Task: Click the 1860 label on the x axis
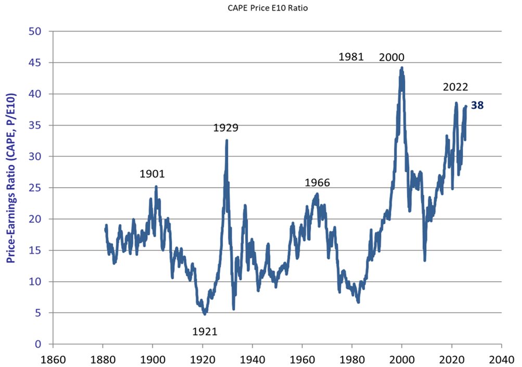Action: click(53, 358)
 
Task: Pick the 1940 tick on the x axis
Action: click(252, 358)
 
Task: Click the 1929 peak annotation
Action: click(226, 127)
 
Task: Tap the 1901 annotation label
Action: click(152, 174)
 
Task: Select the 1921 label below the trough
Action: click(205, 332)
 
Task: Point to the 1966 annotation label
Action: click(317, 183)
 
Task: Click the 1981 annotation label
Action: click(351, 57)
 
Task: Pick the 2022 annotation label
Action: click(456, 87)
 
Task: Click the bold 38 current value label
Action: click(477, 106)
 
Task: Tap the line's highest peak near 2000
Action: click(402, 68)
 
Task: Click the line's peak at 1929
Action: click(226, 140)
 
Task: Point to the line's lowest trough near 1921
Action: click(205, 314)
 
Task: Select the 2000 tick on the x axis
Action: click(402, 358)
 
